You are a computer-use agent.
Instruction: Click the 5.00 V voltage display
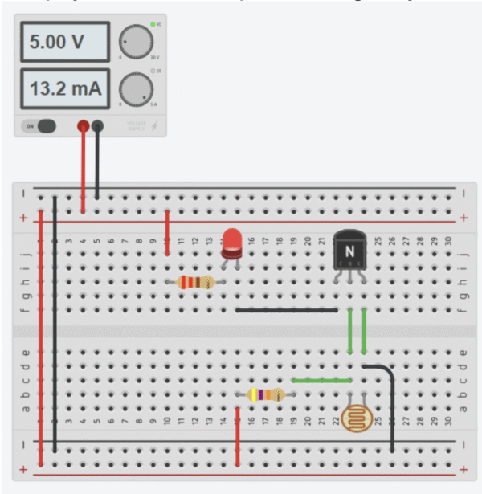[x=63, y=42]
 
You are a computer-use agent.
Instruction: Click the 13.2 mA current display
[x=63, y=88]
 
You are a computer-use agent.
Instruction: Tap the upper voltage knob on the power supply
[x=136, y=42]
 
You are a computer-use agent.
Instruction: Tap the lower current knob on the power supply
[x=136, y=88]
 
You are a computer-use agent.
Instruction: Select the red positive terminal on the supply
[x=83, y=126]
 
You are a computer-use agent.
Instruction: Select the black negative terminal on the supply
[x=97, y=126]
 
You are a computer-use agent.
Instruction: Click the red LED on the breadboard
[x=233, y=242]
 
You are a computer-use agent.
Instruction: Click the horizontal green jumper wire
[x=321, y=381]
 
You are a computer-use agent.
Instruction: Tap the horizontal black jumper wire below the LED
[x=287, y=310]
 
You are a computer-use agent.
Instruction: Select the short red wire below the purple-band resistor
[x=238, y=438]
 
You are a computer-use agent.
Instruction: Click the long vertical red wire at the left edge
[x=40, y=337]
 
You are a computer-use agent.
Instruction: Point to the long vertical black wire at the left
[x=54, y=321]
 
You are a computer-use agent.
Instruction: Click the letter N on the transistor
[x=349, y=250]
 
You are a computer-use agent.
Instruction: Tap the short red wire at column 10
[x=167, y=233]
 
